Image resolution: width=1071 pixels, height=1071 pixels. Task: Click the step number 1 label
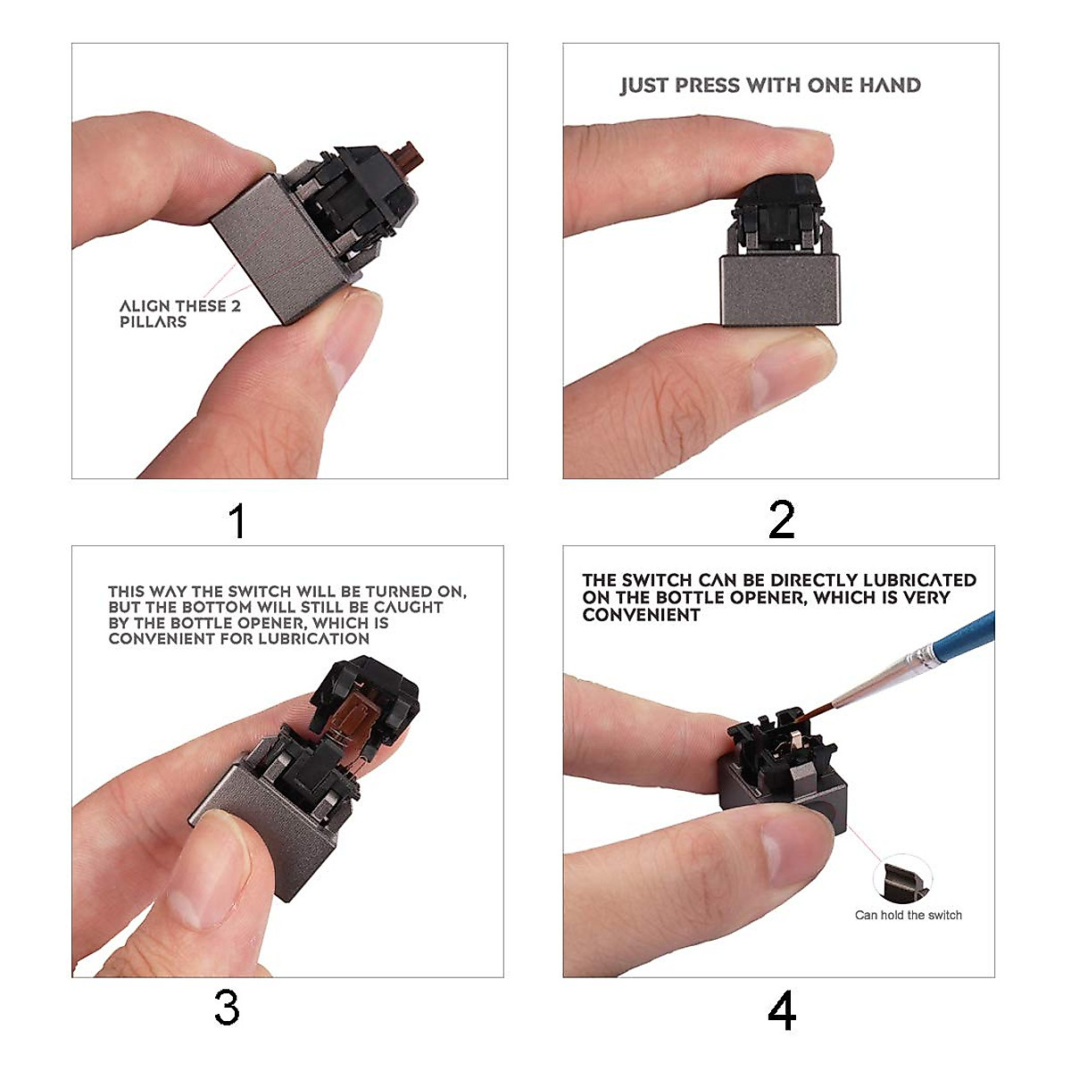(238, 520)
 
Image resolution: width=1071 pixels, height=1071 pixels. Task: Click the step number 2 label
(782, 519)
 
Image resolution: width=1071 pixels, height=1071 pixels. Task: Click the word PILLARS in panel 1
(153, 322)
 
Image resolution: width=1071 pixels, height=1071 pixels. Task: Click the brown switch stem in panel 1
(407, 154)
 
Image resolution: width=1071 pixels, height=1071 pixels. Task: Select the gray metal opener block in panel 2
(780, 289)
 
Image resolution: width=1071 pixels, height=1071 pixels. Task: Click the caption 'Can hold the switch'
(909, 915)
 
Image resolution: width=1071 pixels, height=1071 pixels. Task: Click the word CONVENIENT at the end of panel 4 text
(642, 615)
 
